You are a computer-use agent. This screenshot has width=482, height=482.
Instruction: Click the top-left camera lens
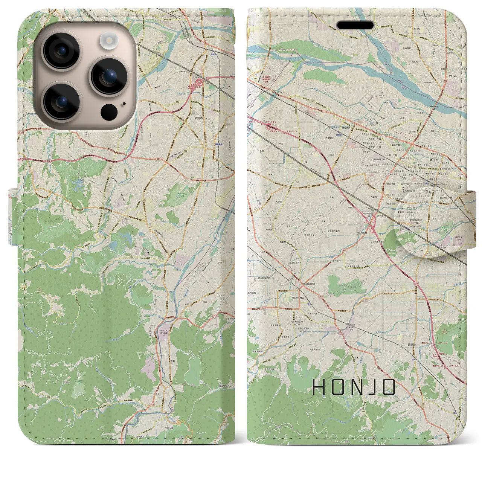(61, 51)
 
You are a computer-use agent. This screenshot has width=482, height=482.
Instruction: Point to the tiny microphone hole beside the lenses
(124, 104)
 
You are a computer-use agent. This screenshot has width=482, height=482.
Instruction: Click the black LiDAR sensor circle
(109, 112)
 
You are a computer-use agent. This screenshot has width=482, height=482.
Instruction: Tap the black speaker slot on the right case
(355, 25)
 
